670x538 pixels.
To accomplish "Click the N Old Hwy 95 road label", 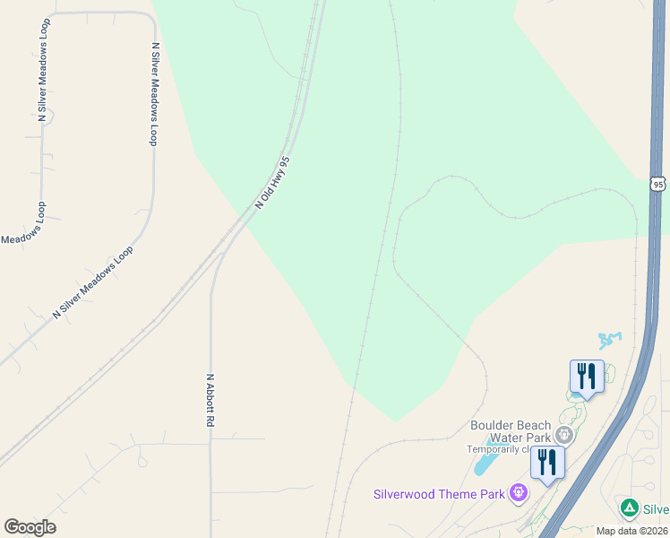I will [x=273, y=183].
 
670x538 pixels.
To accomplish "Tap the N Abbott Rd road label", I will [x=210, y=406].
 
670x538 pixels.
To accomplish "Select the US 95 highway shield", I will [x=658, y=183].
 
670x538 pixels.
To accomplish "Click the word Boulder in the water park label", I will [x=494, y=425].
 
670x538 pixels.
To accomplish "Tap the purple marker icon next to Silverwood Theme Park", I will [x=518, y=492].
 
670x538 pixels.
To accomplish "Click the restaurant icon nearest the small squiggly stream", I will [x=587, y=377].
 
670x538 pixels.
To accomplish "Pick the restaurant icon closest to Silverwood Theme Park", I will [x=546, y=463].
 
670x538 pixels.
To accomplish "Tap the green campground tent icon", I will [x=630, y=508].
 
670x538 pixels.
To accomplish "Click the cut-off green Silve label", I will [x=656, y=509].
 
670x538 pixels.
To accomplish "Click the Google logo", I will [x=30, y=527].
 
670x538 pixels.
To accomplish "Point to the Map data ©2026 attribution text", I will [x=631, y=531].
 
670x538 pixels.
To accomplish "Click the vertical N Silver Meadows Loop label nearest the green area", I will [x=154, y=93].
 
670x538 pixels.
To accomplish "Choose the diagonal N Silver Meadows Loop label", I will [x=93, y=282].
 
